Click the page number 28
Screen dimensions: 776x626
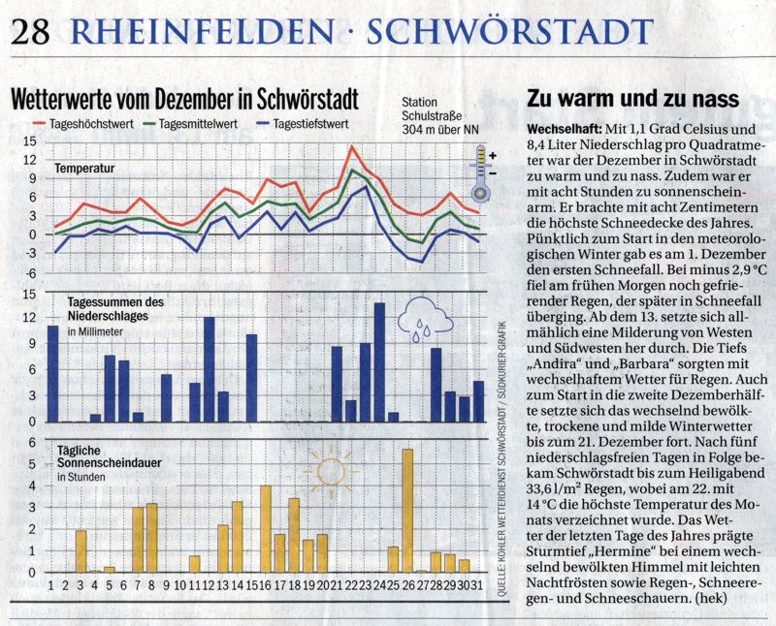pyautogui.click(x=30, y=32)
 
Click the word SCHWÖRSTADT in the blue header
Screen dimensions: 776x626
pyautogui.click(x=510, y=31)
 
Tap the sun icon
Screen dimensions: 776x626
pyautogui.click(x=331, y=471)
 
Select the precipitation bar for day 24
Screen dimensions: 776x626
pyautogui.click(x=379, y=362)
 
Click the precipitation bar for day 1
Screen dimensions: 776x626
pyautogui.click(x=53, y=374)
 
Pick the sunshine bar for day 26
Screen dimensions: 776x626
pyautogui.click(x=407, y=511)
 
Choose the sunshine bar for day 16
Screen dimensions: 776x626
pyautogui.click(x=266, y=529)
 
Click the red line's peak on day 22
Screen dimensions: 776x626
pyautogui.click(x=352, y=146)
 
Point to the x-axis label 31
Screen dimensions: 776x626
pyautogui.click(x=476, y=586)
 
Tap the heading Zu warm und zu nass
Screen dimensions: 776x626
pyautogui.click(x=633, y=99)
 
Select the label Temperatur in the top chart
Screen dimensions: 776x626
pyautogui.click(x=84, y=169)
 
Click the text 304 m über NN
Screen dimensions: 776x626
pyautogui.click(x=440, y=130)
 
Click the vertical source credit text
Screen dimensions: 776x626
pyautogui.click(x=501, y=458)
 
